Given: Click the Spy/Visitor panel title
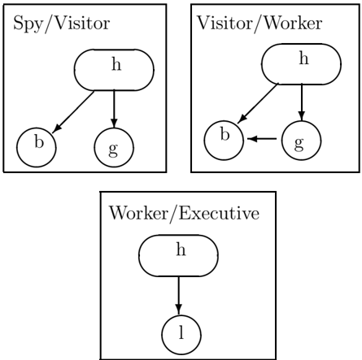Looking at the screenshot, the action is (62, 24).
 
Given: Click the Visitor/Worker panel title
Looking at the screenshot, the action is (260, 24).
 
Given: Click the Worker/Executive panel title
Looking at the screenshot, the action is (184, 214).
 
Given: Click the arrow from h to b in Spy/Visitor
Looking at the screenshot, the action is (73, 112).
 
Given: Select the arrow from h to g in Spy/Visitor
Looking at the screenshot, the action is (114, 109).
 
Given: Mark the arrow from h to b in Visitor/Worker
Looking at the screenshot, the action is (258, 103).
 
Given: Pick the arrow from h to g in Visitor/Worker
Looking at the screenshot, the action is (302, 102).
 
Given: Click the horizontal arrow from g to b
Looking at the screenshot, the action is (262, 139).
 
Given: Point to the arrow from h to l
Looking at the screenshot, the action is (178, 296).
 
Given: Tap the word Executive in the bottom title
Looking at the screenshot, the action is (219, 213).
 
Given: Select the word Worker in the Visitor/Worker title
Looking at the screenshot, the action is (293, 23).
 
